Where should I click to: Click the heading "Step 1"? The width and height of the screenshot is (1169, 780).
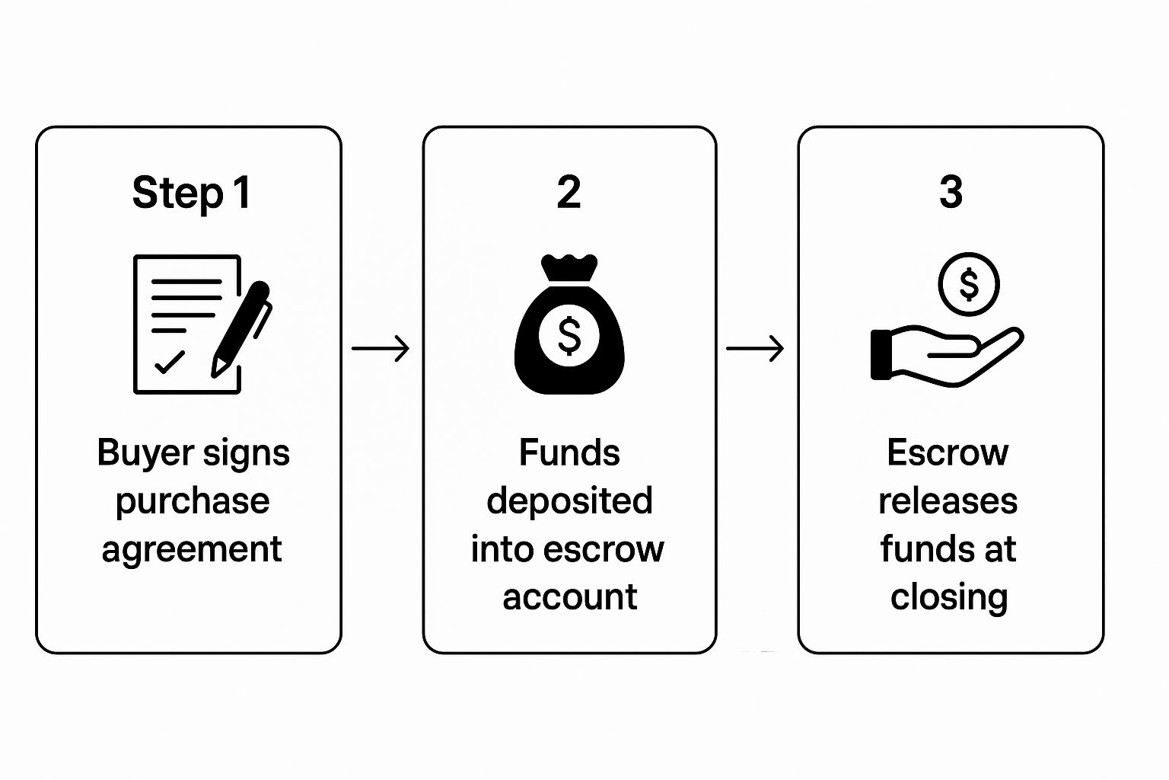coord(191,193)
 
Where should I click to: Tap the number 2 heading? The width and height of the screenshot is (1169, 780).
coord(569,193)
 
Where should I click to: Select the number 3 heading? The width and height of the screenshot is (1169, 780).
coord(951,193)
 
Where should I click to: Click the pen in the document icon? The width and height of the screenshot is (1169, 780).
coord(241,328)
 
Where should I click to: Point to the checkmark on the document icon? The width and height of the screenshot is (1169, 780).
coord(169,362)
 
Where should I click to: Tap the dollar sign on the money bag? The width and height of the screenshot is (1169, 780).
coord(569,335)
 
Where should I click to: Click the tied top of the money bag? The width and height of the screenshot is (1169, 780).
coord(569,267)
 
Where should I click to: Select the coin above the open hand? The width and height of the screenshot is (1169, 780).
coord(968,284)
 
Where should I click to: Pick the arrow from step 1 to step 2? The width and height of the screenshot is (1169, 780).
coord(381,349)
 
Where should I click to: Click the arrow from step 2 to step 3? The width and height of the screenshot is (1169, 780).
coord(755,349)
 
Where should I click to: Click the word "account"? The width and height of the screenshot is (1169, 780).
coord(569,597)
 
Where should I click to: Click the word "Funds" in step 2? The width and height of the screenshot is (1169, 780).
coord(569,453)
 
